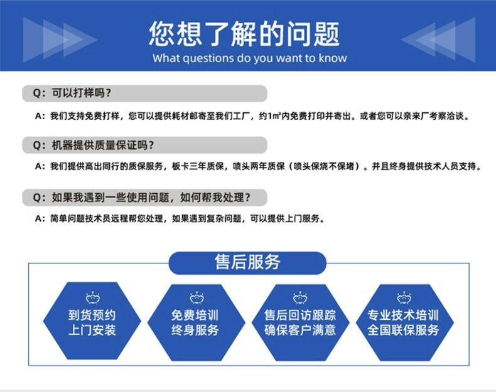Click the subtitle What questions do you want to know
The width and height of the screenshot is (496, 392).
click(x=249, y=58)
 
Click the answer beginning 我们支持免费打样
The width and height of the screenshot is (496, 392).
click(x=251, y=116)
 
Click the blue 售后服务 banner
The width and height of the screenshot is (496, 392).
click(x=247, y=263)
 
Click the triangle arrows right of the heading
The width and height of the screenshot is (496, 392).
click(x=438, y=40)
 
